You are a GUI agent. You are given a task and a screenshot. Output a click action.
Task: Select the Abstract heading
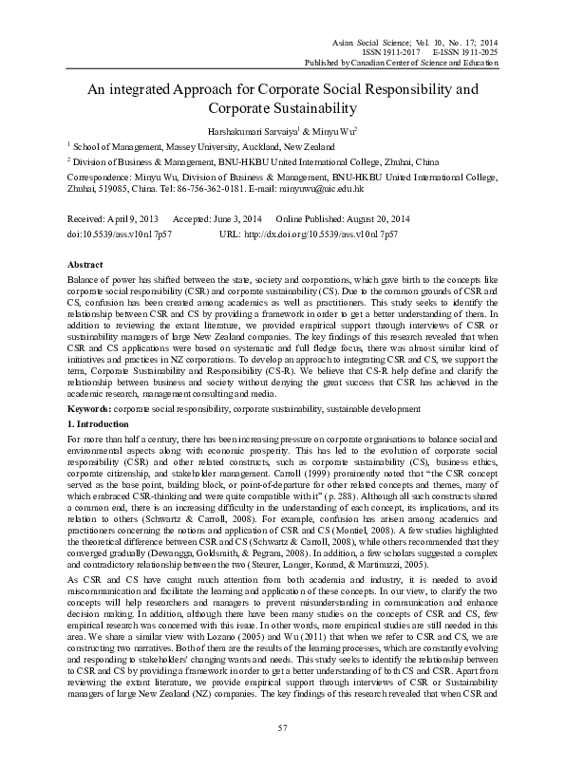pos(85,264)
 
